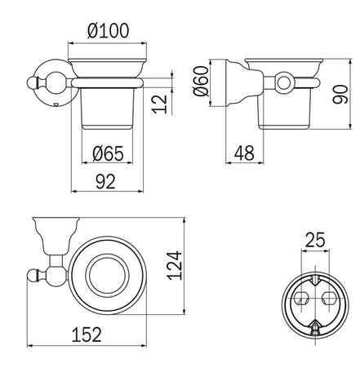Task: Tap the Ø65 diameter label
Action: (x=109, y=153)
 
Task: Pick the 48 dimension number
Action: (x=243, y=153)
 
